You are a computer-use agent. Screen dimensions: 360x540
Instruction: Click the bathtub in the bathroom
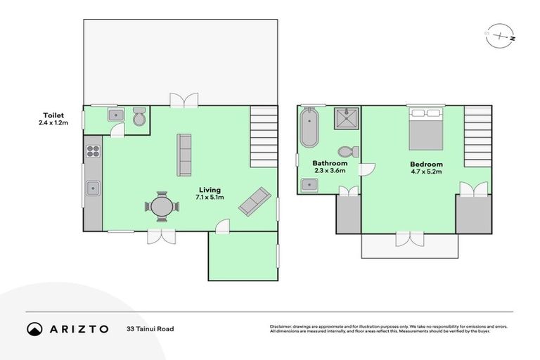[x=309, y=127]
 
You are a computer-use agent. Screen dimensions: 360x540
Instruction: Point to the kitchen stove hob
[x=93, y=150]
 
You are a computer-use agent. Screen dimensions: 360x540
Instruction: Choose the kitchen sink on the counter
[x=93, y=188]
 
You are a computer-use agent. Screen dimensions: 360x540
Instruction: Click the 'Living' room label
[x=210, y=190]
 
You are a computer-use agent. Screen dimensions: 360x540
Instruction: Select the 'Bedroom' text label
[x=427, y=165]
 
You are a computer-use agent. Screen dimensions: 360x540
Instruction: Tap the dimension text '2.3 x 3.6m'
[x=330, y=171]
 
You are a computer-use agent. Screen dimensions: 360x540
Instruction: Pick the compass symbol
[x=500, y=37]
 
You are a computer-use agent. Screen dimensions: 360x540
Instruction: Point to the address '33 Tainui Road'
[x=150, y=329]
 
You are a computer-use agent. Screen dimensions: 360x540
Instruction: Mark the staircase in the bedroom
[x=477, y=136]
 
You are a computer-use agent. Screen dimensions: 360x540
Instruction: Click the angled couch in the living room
[x=253, y=201]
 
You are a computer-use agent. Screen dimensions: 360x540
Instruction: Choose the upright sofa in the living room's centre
[x=184, y=155]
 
